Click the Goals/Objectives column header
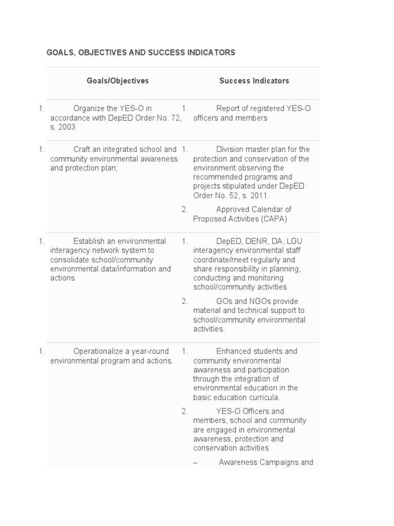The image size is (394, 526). point(117,81)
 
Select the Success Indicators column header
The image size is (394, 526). point(254,81)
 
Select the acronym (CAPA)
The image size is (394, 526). point(273,219)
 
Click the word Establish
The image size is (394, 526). point(89,241)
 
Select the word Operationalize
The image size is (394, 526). point(100,351)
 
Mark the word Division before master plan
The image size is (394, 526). point(230,149)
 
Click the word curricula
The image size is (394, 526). point(264,398)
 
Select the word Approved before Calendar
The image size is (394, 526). point(232,210)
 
